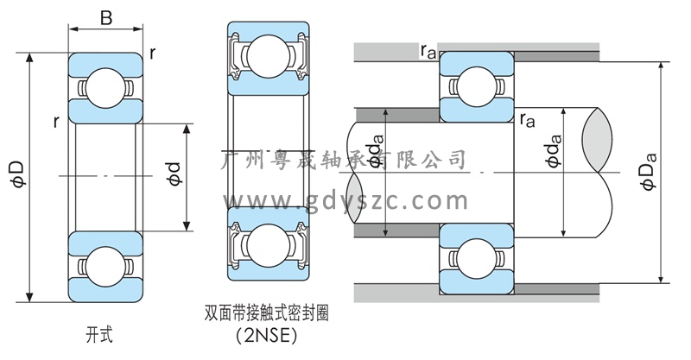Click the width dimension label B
105,18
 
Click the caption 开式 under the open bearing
99,332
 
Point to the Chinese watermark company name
345,160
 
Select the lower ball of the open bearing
105,264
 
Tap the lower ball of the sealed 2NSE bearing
267,244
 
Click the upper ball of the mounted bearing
478,87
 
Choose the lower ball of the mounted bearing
478,257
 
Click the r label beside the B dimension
152,53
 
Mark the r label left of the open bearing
55,122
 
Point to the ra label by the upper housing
428,52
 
